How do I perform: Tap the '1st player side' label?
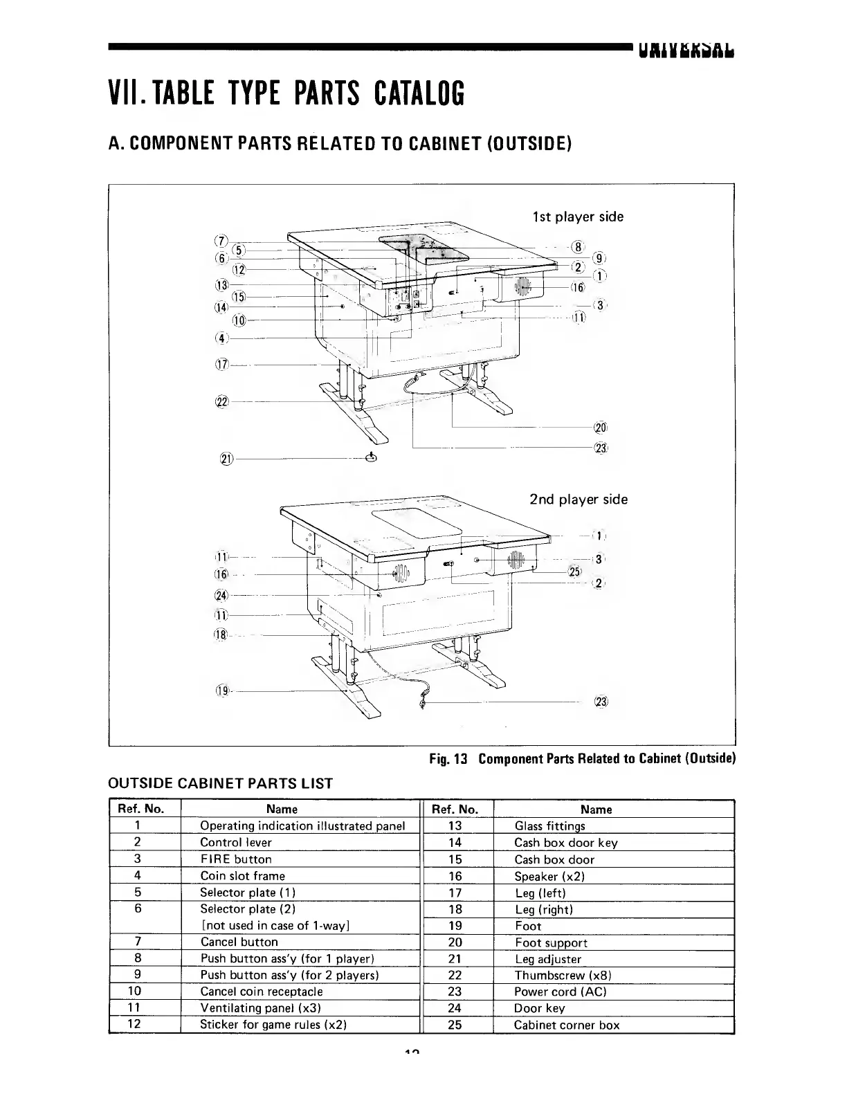[578, 217]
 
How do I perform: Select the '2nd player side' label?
[579, 500]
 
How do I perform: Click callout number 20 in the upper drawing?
[601, 428]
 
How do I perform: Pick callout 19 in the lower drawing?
[223, 691]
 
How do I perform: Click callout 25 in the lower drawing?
[574, 572]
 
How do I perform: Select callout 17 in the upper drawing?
[222, 365]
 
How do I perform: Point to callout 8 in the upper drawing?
[579, 247]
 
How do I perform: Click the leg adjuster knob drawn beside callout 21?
[371, 458]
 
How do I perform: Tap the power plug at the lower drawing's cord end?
[421, 704]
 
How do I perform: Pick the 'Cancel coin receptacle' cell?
[262, 992]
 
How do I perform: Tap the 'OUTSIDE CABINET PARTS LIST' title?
[221, 784]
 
